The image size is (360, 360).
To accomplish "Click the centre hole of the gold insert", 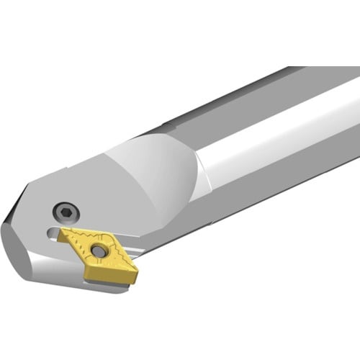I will [97, 251].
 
